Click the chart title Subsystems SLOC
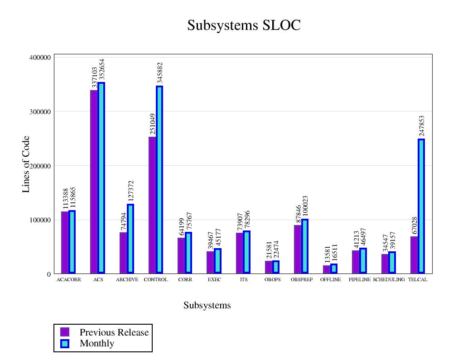(x=244, y=25)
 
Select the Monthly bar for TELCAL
(x=421, y=206)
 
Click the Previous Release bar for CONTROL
(x=152, y=205)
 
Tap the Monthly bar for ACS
(x=101, y=178)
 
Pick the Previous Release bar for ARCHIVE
(x=123, y=253)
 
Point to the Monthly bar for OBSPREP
(x=305, y=246)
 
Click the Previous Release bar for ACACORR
(x=65, y=242)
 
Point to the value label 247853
(x=422, y=126)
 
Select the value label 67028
(x=414, y=226)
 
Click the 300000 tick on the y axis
(x=39, y=111)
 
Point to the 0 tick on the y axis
(x=48, y=274)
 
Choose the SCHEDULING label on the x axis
(x=389, y=280)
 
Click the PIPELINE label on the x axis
(x=360, y=280)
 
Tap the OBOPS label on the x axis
(x=273, y=280)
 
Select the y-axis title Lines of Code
(x=26, y=164)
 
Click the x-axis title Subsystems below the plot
(x=207, y=306)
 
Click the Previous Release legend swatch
(x=65, y=332)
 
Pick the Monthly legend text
(x=97, y=344)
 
